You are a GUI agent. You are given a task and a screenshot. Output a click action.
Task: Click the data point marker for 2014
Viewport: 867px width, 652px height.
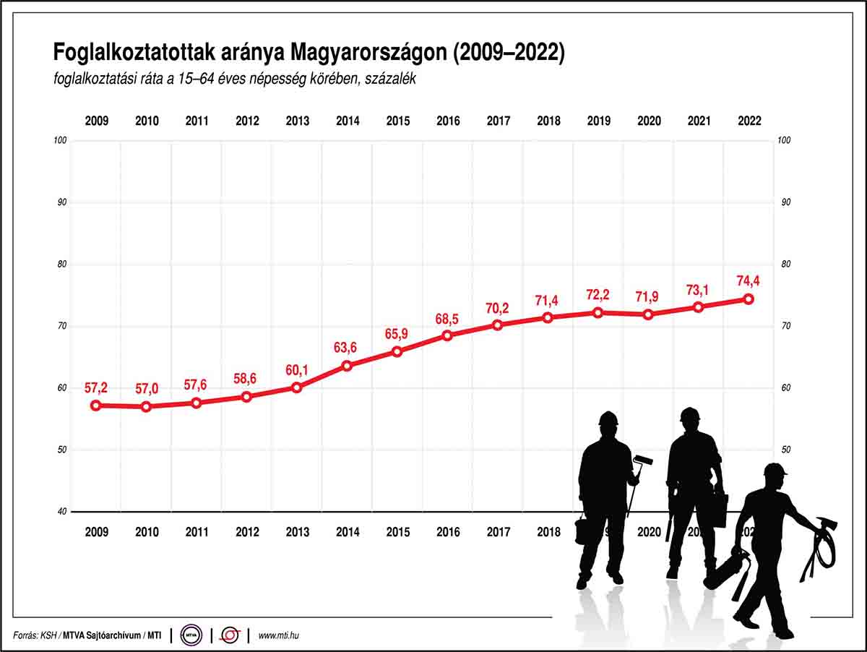click(x=347, y=366)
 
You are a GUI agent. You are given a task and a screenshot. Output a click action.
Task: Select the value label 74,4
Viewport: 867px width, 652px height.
click(x=749, y=281)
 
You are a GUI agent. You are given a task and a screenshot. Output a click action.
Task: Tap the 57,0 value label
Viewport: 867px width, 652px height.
click(x=147, y=390)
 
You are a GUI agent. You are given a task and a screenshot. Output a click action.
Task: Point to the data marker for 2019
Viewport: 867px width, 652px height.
click(x=598, y=312)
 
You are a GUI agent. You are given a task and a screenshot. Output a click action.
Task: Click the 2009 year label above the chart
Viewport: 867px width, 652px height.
click(x=96, y=121)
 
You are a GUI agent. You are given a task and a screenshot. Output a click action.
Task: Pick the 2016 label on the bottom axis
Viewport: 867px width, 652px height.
click(x=448, y=532)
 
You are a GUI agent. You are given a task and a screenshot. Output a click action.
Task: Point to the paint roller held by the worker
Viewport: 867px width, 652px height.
click(x=643, y=460)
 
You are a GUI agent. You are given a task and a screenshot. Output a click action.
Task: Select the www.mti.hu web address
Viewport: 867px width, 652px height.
click(x=278, y=635)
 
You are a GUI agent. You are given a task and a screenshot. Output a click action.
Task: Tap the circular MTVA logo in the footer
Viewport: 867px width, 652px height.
click(x=191, y=635)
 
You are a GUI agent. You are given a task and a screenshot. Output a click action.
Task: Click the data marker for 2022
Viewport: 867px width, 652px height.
click(x=749, y=299)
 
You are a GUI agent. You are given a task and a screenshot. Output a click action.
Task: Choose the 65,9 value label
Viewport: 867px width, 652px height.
click(x=397, y=335)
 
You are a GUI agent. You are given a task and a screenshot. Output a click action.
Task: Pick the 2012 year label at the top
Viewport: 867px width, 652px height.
click(x=247, y=121)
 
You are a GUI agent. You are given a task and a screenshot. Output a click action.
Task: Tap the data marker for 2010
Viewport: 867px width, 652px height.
click(x=147, y=406)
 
